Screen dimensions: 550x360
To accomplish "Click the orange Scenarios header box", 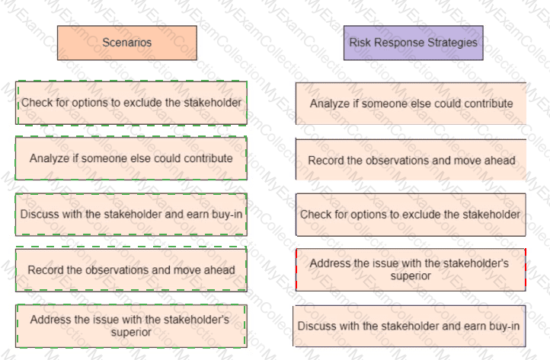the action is tap(127, 43).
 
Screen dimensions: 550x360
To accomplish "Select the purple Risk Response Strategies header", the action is tap(413, 43).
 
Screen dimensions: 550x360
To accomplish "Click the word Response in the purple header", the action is tap(399, 43).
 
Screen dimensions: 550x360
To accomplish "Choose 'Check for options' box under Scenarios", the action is tap(131, 103).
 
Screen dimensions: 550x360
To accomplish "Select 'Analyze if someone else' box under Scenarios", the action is tap(131, 158).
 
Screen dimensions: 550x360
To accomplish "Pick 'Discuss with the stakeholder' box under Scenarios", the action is tap(131, 214).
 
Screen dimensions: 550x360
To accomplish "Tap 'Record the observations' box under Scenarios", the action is tap(131, 270).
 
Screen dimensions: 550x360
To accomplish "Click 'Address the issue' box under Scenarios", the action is tap(131, 326).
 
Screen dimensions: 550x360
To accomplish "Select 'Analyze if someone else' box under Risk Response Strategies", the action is tap(411, 104).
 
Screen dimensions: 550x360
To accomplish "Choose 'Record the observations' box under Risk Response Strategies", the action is tap(411, 160).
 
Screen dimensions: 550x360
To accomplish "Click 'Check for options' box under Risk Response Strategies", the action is tap(411, 215).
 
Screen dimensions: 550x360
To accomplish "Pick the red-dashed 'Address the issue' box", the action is tap(411, 270).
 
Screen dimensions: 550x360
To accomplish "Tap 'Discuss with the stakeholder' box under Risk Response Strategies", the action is tap(409, 326).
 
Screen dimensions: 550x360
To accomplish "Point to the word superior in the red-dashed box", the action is tap(411, 276).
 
